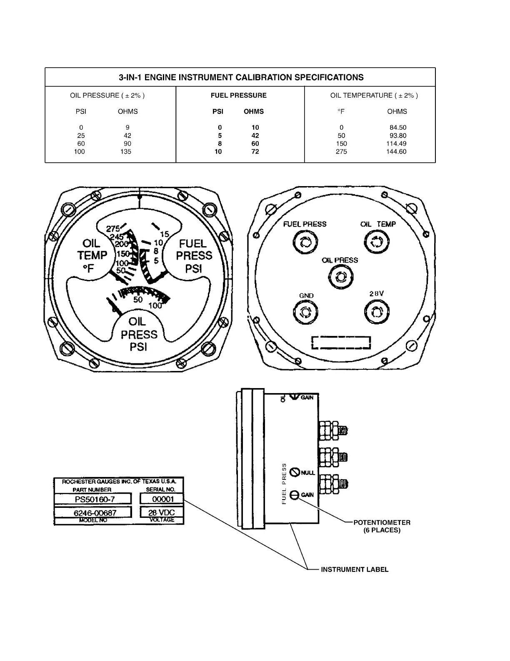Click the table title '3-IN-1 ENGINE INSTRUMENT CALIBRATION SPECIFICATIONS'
point(241,78)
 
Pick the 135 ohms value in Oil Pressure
point(125,152)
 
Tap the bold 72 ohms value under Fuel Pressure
point(255,152)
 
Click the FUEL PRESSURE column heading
point(238,96)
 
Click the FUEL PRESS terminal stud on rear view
point(305,242)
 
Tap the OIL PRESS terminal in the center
point(341,276)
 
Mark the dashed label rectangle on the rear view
point(341,343)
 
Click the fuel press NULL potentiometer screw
point(295,472)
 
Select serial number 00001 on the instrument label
point(162,499)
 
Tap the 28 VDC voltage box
point(162,512)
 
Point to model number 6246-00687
point(95,513)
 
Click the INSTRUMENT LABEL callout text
point(354,570)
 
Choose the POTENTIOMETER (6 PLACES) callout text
point(382,526)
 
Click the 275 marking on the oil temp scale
point(113,229)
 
